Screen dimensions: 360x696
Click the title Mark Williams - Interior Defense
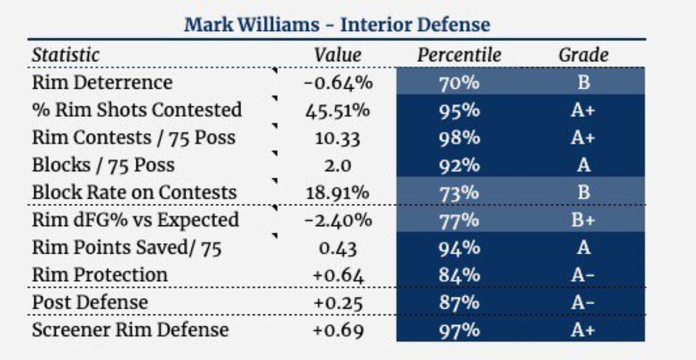[337, 25]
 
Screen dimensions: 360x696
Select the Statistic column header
[66, 55]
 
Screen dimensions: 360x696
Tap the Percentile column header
[459, 55]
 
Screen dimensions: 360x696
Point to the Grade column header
[583, 55]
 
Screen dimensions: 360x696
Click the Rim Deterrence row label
[102, 82]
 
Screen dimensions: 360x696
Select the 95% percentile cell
[459, 110]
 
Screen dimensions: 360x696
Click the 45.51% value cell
[338, 110]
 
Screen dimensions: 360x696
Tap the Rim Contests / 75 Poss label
[134, 138]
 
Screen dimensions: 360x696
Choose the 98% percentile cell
[459, 138]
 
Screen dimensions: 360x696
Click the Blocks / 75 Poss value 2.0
[338, 165]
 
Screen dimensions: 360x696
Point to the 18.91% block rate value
[338, 192]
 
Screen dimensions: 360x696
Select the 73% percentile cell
[459, 192]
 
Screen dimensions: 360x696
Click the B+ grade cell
[583, 220]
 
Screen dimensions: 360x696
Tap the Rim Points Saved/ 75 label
[127, 247]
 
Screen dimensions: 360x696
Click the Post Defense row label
[90, 303]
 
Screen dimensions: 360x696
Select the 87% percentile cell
[459, 303]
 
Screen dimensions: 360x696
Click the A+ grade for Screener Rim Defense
[583, 330]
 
